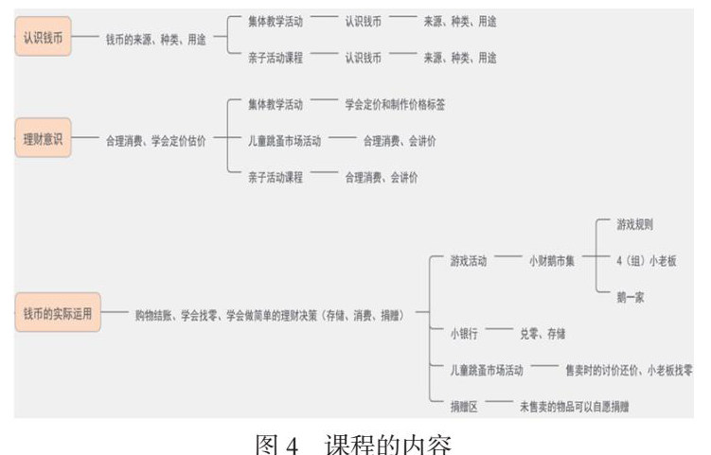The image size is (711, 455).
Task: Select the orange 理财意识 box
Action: point(43,140)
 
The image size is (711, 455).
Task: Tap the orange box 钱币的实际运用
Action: point(58,314)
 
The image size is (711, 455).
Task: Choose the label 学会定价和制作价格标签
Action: point(395,104)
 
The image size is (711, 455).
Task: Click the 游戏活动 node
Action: point(469,261)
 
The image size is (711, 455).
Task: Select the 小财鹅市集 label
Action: point(552,261)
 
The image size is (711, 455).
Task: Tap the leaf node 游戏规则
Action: point(634,225)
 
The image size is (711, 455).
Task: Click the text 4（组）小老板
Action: point(646,261)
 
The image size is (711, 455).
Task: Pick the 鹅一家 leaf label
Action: point(631,297)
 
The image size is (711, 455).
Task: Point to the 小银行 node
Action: point(464,334)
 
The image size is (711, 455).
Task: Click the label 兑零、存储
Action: point(542,334)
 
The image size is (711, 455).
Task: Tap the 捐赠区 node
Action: point(464,406)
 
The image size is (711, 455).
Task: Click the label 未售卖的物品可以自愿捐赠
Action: point(574,406)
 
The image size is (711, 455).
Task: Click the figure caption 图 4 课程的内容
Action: point(356,440)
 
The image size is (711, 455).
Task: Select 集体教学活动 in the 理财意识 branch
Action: point(276,104)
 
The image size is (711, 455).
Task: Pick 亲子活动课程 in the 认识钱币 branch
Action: point(276,58)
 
